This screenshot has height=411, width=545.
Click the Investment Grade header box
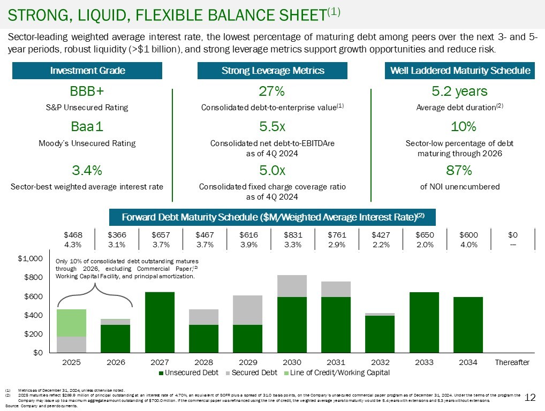pos(87,71)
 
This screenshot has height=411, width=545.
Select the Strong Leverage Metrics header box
pos(272,71)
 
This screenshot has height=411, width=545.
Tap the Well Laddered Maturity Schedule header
pos(459,71)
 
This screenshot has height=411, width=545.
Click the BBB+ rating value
pos(87,90)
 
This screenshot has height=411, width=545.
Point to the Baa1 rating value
pos(87,127)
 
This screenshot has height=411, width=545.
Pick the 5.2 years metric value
pos(459,90)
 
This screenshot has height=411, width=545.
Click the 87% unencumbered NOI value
pos(459,171)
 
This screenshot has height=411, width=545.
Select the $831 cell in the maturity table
pos(292,234)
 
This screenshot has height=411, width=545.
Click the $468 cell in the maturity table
pos(72,234)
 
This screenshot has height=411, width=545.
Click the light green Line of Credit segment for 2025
pos(72,323)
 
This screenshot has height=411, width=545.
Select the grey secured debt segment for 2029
pos(248,310)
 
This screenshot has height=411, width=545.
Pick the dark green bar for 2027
pos(160,322)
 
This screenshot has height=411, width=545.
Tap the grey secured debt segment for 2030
pos(292,286)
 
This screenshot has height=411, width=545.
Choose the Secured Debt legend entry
pos(252,372)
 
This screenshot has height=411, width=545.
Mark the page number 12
pos(530,397)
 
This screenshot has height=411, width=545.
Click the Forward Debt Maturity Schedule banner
pos(272,217)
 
